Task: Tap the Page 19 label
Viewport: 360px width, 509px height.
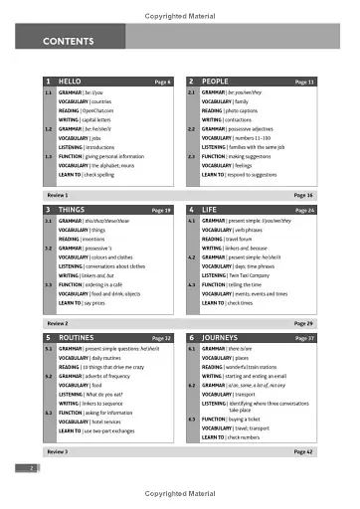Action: (161, 211)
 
